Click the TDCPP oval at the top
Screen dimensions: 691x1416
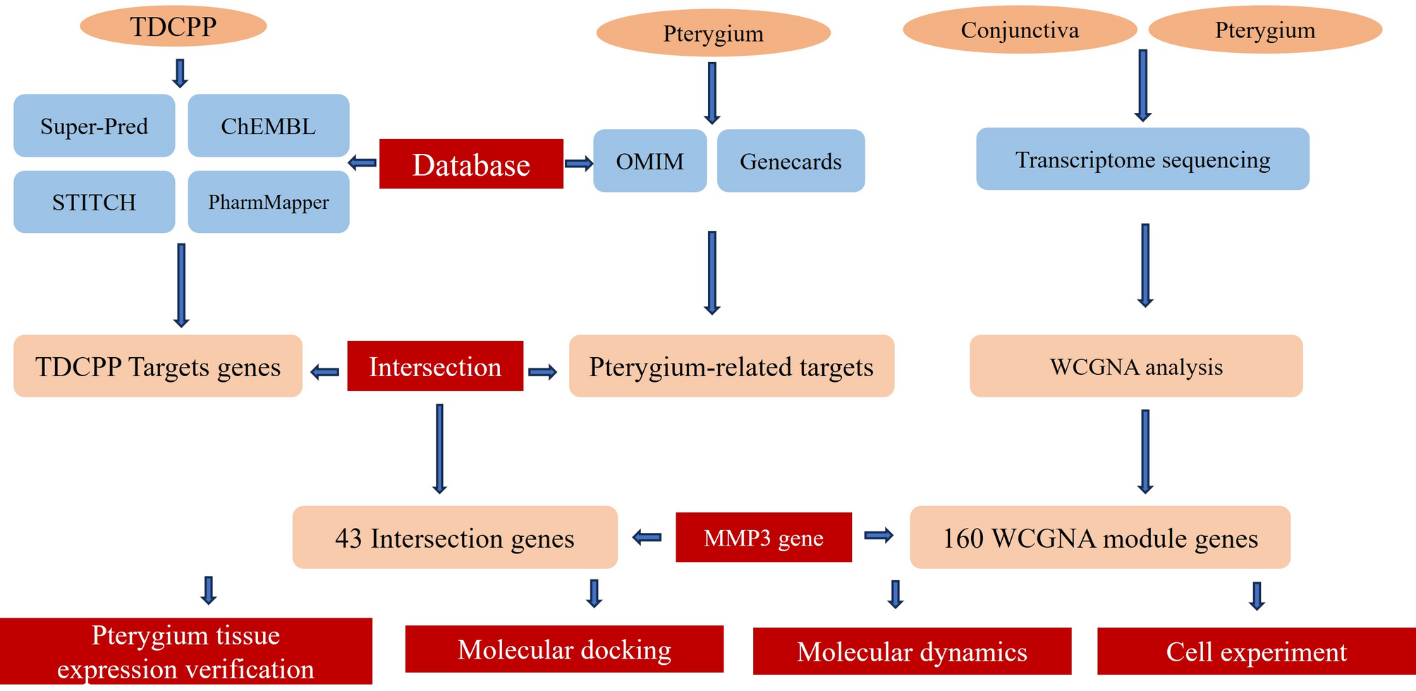pos(173,27)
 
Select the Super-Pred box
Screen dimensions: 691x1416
pos(94,126)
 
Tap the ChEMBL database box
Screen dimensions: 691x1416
pos(268,126)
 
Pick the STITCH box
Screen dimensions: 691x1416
pos(94,202)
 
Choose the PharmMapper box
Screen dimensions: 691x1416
pos(268,202)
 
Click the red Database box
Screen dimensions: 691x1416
pos(471,164)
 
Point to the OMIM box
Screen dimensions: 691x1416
pos(649,161)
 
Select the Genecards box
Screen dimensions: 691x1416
pos(791,161)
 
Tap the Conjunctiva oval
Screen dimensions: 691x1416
pos(1020,30)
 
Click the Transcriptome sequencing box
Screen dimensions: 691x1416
pos(1142,160)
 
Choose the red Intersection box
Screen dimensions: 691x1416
pos(435,366)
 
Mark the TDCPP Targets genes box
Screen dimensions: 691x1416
pos(158,366)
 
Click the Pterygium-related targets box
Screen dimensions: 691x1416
pos(731,366)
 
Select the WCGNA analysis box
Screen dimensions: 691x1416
pos(1136,366)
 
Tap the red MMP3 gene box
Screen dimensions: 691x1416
pos(764,538)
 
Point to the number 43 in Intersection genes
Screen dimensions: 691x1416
pos(348,539)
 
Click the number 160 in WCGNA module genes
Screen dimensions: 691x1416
pos(963,539)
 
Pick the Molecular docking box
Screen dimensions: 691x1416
pos(564,649)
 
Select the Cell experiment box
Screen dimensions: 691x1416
pos(1256,651)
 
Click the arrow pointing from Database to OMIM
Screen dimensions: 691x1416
pos(578,164)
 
